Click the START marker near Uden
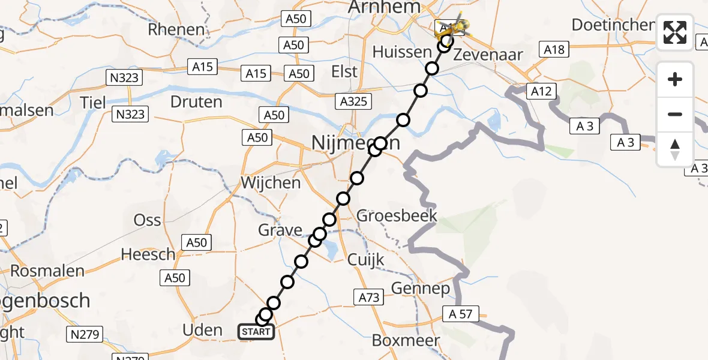(x=256, y=332)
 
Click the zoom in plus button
(x=675, y=79)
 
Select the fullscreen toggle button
(x=675, y=32)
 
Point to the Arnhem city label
(x=388, y=7)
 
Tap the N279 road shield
(x=85, y=334)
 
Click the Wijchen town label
(x=270, y=182)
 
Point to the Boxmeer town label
(x=406, y=340)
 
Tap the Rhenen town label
(x=176, y=29)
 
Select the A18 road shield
(x=553, y=49)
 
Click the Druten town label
(x=196, y=102)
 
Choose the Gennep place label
(x=421, y=289)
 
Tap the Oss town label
(x=148, y=220)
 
